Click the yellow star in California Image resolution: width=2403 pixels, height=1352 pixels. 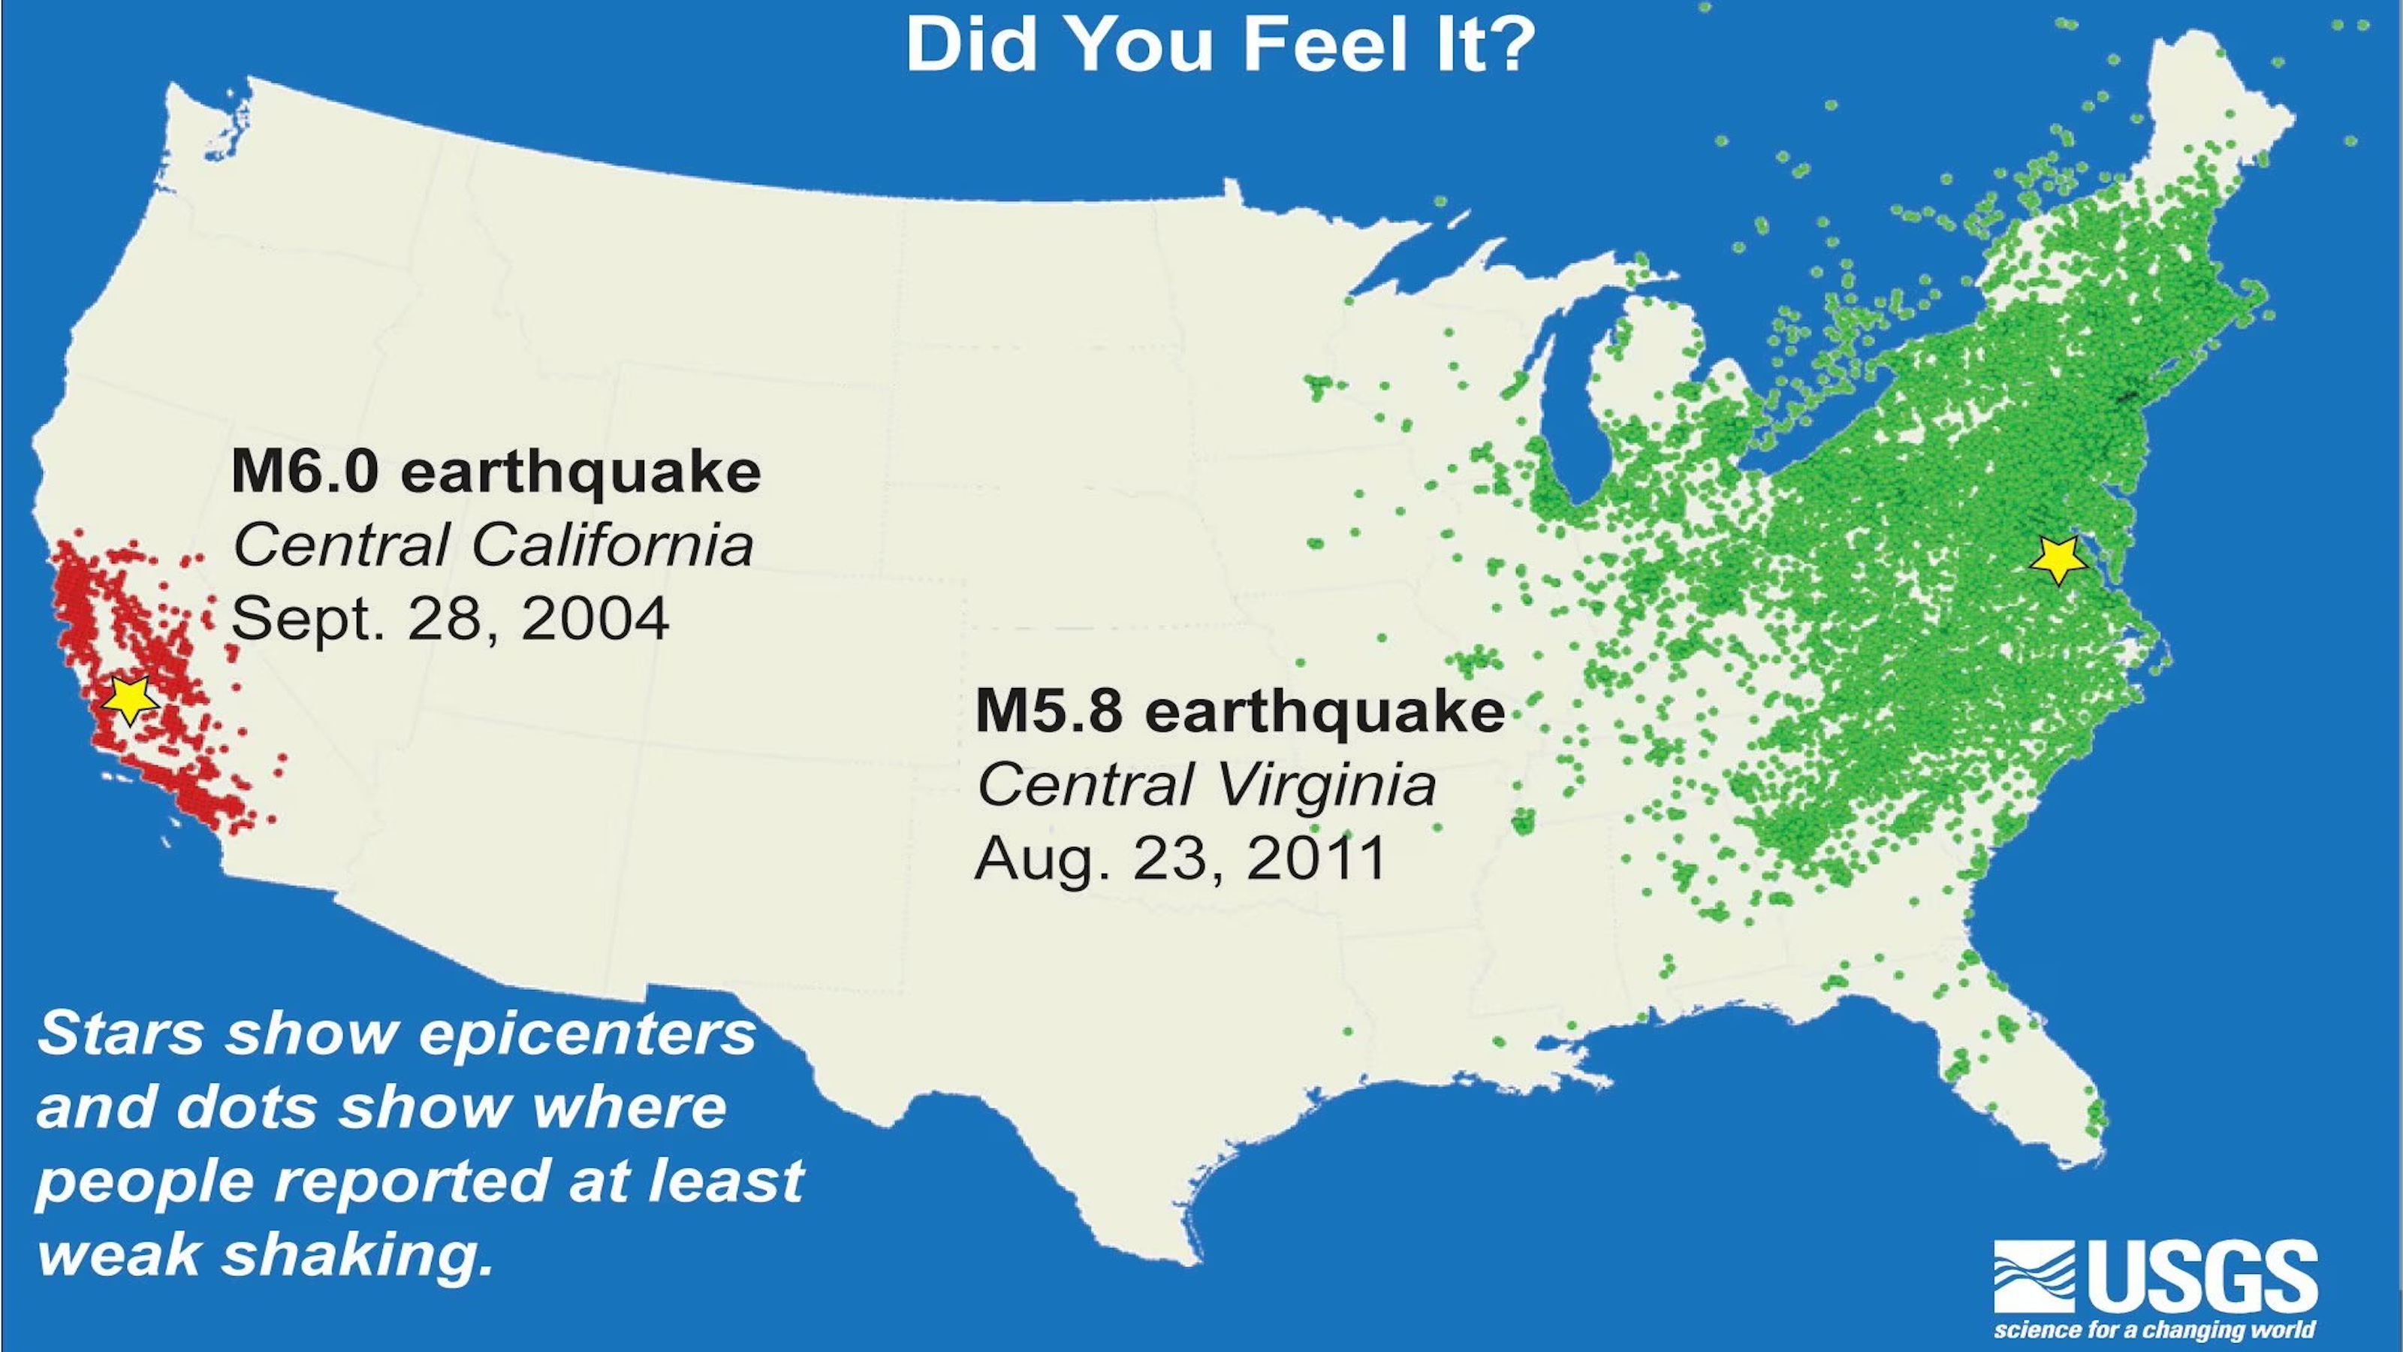pos(128,697)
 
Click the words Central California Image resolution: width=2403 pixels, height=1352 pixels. pos(493,545)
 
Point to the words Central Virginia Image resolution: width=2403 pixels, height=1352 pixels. pos(1205,785)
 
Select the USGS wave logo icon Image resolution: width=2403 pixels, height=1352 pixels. pos(2034,1276)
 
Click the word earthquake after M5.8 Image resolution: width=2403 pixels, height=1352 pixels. pos(1325,711)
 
